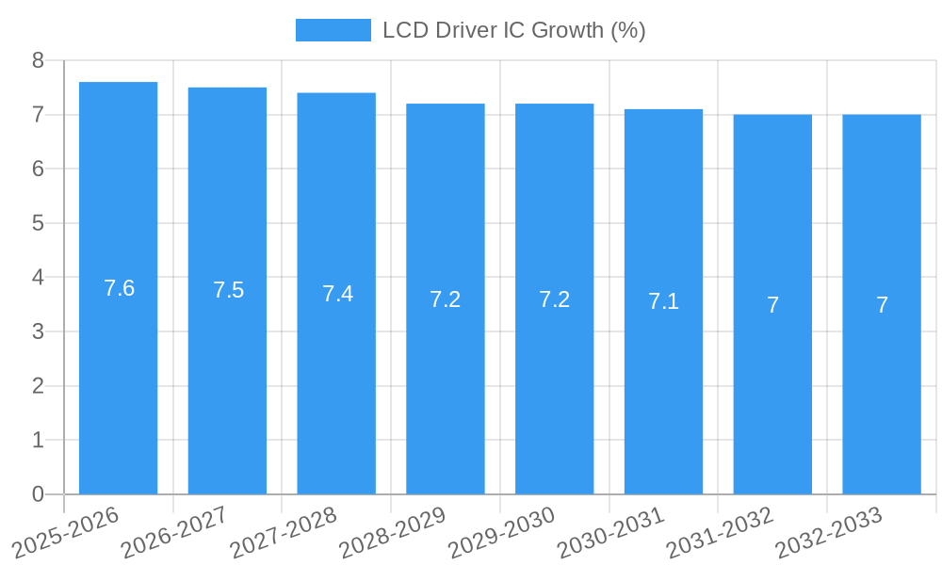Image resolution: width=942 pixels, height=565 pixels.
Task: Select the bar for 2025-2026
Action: pyautogui.click(x=118, y=377)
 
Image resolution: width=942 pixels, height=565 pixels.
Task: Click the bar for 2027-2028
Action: pyautogui.click(x=336, y=377)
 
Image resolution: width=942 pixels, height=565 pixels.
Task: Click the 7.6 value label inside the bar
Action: pyautogui.click(x=119, y=288)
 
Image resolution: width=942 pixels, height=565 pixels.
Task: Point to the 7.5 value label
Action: pyautogui.click(x=228, y=290)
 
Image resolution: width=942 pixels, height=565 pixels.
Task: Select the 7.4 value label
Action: pyautogui.click(x=337, y=294)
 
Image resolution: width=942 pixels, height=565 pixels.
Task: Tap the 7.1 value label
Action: pyautogui.click(x=663, y=301)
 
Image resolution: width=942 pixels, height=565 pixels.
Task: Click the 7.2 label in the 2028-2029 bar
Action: pyautogui.click(x=446, y=299)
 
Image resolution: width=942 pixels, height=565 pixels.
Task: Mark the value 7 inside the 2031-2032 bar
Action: pyautogui.click(x=772, y=305)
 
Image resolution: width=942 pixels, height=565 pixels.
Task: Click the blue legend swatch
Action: pyautogui.click(x=333, y=30)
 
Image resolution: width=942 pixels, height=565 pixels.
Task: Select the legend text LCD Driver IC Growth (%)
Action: pyautogui.click(x=513, y=30)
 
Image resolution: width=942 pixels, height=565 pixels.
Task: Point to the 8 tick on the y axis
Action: pyautogui.click(x=38, y=60)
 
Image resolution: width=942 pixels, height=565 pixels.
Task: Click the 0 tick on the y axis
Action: pyautogui.click(x=38, y=494)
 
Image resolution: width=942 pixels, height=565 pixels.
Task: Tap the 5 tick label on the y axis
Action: pyautogui.click(x=38, y=223)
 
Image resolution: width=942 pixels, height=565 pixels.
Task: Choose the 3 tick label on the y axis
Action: pyautogui.click(x=38, y=331)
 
